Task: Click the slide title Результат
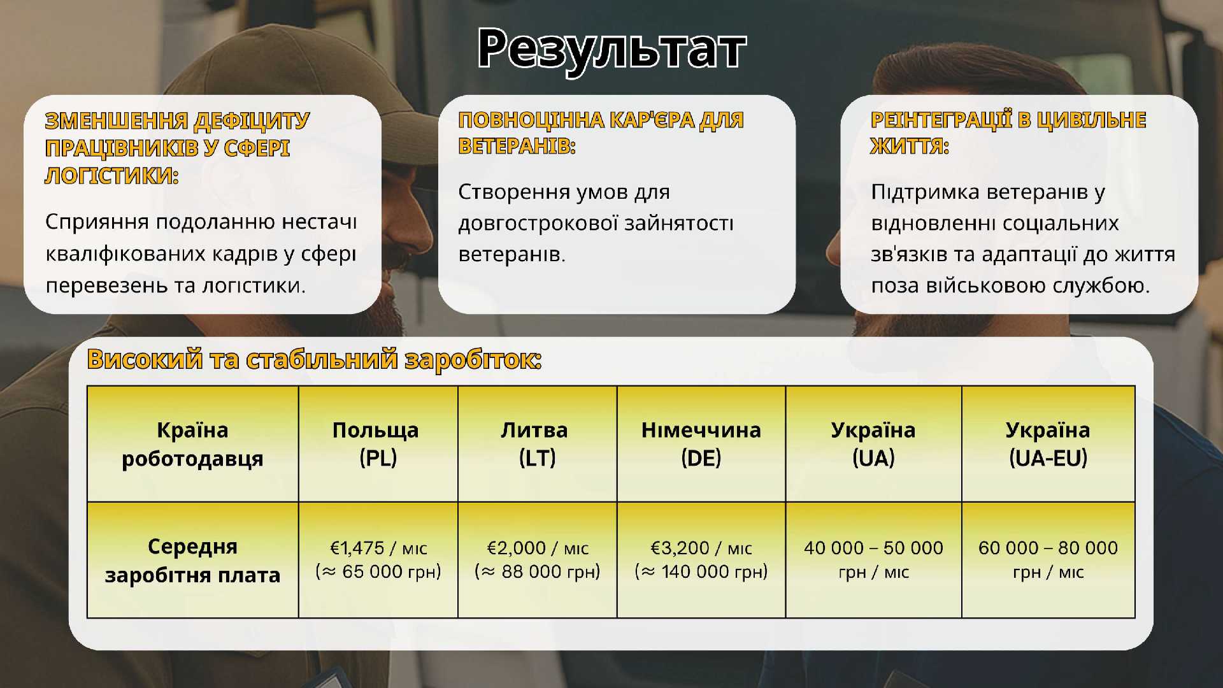click(611, 49)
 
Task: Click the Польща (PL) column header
click(378, 443)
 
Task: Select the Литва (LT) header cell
click(537, 443)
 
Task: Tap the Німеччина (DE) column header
click(701, 443)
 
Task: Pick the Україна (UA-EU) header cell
click(1048, 443)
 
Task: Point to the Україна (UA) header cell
click(873, 443)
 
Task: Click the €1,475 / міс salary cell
click(378, 559)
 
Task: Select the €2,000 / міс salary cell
click(537, 559)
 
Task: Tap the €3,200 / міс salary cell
click(701, 559)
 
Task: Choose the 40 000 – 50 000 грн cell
click(873, 559)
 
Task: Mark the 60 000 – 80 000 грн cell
click(1048, 559)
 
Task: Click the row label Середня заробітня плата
click(192, 560)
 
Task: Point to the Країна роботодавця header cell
click(192, 443)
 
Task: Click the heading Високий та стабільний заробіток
click(315, 359)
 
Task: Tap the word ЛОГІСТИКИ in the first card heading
click(111, 175)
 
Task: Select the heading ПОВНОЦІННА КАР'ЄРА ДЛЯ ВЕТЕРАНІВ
click(601, 133)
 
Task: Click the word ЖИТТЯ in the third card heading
click(910, 147)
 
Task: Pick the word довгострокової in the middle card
click(538, 224)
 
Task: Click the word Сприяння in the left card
click(97, 222)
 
